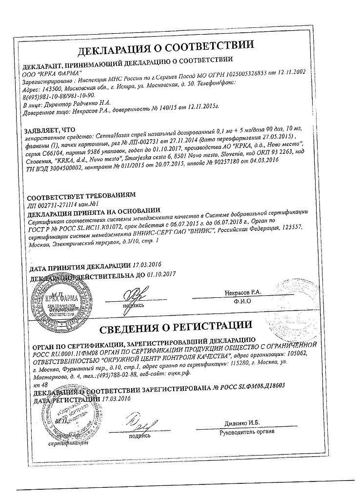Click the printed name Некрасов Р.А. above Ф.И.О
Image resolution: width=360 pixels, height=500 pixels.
pos(243,292)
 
